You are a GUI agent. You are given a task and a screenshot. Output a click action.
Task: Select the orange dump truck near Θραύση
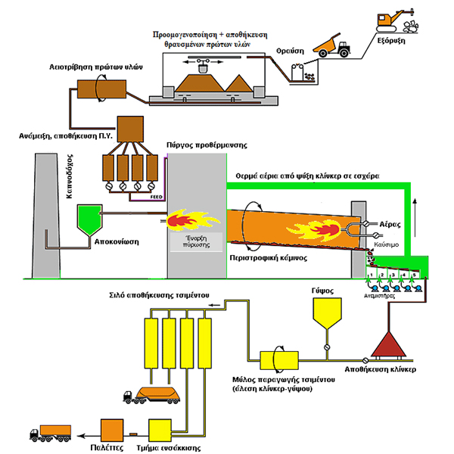(x=332, y=45)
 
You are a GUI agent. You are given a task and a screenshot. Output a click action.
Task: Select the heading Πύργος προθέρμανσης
(x=198, y=144)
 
